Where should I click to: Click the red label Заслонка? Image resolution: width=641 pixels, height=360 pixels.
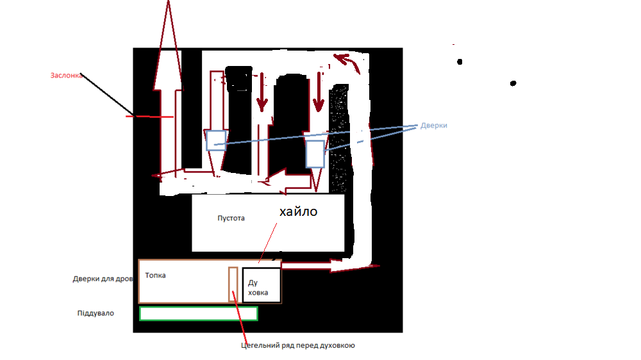click(x=66, y=76)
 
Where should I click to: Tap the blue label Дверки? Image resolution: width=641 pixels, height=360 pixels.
click(x=434, y=126)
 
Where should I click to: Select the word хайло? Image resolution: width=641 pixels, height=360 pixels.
click(x=299, y=211)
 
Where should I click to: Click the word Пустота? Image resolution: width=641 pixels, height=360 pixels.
click(x=231, y=218)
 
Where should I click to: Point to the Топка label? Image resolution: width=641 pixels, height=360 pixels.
click(x=155, y=275)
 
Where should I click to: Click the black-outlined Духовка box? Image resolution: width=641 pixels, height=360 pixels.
click(x=262, y=285)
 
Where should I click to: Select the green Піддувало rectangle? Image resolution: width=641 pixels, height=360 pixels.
click(x=199, y=313)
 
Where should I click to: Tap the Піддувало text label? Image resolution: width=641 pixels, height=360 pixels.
click(x=96, y=313)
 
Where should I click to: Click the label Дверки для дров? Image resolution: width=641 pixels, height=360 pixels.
click(x=103, y=279)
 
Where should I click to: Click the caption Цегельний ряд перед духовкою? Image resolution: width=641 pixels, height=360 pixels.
click(x=298, y=345)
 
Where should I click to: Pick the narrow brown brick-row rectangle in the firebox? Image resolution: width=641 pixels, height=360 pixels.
click(x=233, y=284)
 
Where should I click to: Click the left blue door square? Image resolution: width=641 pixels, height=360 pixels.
click(x=216, y=140)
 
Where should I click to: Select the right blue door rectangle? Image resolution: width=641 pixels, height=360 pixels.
click(x=315, y=154)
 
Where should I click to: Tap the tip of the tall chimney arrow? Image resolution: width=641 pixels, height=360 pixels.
click(x=168, y=1)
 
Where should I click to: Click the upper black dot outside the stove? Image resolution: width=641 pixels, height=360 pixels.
click(x=460, y=61)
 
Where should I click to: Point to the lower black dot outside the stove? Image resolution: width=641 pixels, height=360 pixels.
click(x=513, y=83)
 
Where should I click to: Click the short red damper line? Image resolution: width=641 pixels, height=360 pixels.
click(x=149, y=117)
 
